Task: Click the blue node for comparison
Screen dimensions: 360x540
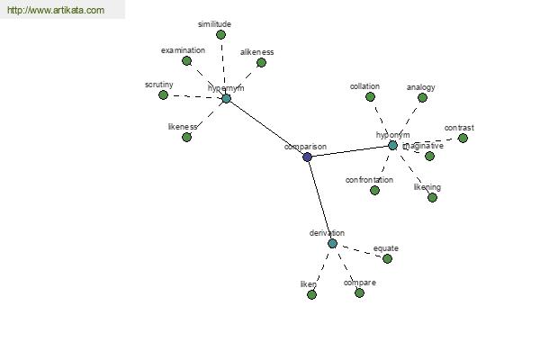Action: pos(307,157)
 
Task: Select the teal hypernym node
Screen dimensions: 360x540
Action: pos(226,98)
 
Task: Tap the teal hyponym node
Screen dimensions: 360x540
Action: pos(392,145)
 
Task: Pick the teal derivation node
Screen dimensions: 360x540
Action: pos(332,243)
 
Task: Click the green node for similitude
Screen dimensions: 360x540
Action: pos(220,35)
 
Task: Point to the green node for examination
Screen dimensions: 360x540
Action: pos(186,60)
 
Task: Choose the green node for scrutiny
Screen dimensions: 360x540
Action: pos(163,94)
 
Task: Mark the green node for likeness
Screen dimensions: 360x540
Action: pos(186,137)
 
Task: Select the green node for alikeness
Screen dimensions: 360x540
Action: pos(261,62)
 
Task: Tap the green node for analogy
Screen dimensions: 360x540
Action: pos(422,97)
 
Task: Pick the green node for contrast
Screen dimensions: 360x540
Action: pos(463,138)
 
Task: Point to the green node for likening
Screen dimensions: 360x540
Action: pos(432,197)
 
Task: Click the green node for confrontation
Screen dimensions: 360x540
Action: pos(374,190)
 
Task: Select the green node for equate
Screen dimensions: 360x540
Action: pos(387,258)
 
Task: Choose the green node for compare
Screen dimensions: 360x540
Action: pos(359,292)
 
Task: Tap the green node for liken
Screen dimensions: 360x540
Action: pos(311,294)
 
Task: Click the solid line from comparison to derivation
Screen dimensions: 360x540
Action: pos(319,200)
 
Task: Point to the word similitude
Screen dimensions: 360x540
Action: pos(215,23)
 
